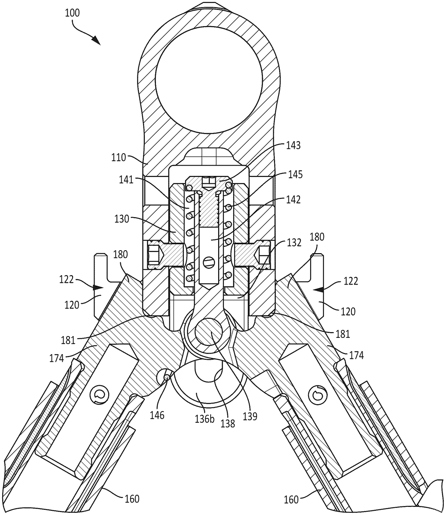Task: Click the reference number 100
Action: pos(72,13)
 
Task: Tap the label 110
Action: pos(119,157)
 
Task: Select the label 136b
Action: pos(204,418)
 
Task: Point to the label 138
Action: pos(228,424)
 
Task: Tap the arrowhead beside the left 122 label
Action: pos(99,287)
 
